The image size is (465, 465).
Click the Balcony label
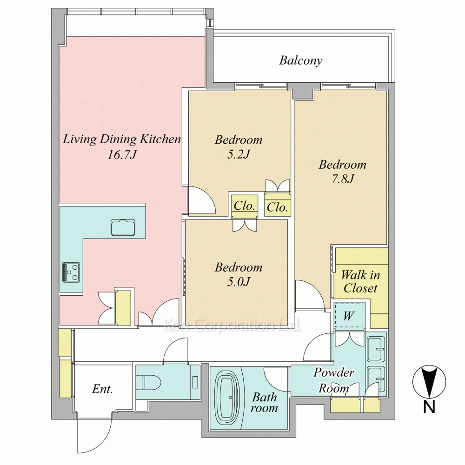click(x=301, y=60)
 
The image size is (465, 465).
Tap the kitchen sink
click(x=123, y=227)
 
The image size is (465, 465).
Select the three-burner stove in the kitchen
click(x=71, y=272)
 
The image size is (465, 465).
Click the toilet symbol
click(x=148, y=382)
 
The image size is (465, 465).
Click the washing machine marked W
click(x=349, y=316)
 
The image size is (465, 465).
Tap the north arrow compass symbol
click(x=429, y=382)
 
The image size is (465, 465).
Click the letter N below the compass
click(x=429, y=406)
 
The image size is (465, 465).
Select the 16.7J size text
click(x=122, y=154)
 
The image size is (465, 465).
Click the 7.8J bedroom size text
click(x=343, y=179)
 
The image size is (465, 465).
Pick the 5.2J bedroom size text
click(x=239, y=154)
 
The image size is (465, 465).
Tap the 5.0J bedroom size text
click(x=239, y=282)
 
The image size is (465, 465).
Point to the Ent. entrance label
click(x=102, y=389)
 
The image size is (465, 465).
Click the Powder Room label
click(x=333, y=380)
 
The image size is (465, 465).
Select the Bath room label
click(x=265, y=402)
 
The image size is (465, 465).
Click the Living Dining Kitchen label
click(x=121, y=139)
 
